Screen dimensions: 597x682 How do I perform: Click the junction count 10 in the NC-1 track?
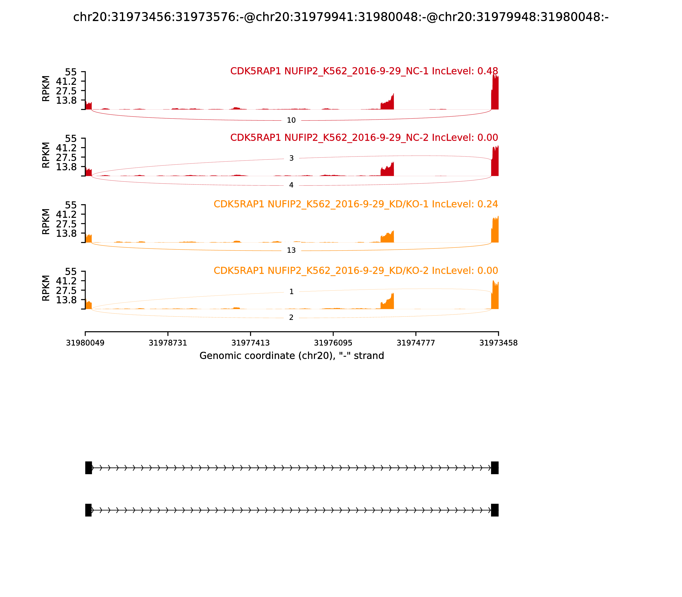291,120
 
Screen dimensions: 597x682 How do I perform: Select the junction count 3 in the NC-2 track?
291,158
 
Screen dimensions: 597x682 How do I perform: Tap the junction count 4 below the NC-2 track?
291,185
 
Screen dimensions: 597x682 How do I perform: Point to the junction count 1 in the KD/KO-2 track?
291,292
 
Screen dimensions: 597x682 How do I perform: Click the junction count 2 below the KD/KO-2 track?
291,317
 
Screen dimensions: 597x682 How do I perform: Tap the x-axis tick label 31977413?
250,343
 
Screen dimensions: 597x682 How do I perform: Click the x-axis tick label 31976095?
333,343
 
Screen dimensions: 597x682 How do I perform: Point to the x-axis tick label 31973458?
498,343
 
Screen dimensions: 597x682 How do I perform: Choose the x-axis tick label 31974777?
416,343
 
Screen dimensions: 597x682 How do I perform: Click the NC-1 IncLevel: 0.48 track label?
364,71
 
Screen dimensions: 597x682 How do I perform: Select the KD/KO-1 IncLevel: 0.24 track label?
356,204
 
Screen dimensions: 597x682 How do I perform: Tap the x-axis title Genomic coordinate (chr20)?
292,356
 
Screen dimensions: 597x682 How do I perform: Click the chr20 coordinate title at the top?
341,17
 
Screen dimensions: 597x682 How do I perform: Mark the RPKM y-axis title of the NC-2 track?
46,155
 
